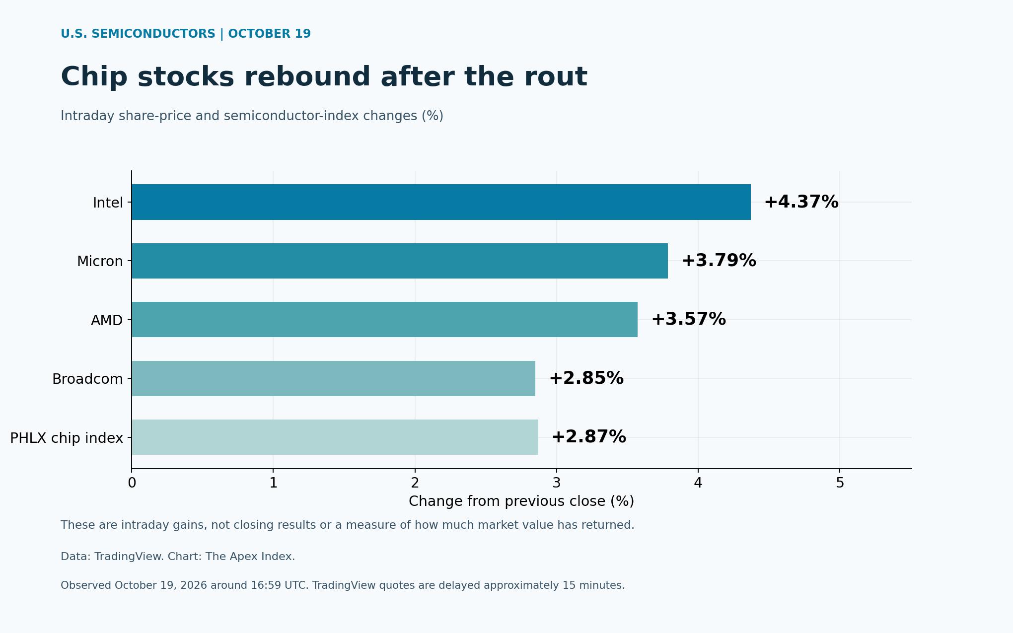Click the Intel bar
pyautogui.click(x=441, y=202)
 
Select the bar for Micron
pyautogui.click(x=400, y=261)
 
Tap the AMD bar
pyautogui.click(x=384, y=319)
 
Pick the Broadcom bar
pyautogui.click(x=333, y=378)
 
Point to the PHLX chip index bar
pyautogui.click(x=335, y=437)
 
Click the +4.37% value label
pyautogui.click(x=801, y=202)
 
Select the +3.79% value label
pyautogui.click(x=719, y=261)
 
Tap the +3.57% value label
pyautogui.click(x=688, y=319)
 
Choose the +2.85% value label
pyautogui.click(x=586, y=378)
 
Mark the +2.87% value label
pyautogui.click(x=588, y=437)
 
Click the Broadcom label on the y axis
pyautogui.click(x=87, y=379)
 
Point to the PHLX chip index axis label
pyautogui.click(x=67, y=438)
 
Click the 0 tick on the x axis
pyautogui.click(x=132, y=483)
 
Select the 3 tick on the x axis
pyautogui.click(x=557, y=483)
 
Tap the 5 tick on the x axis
pyautogui.click(x=840, y=483)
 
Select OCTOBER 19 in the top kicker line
pyautogui.click(x=269, y=34)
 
